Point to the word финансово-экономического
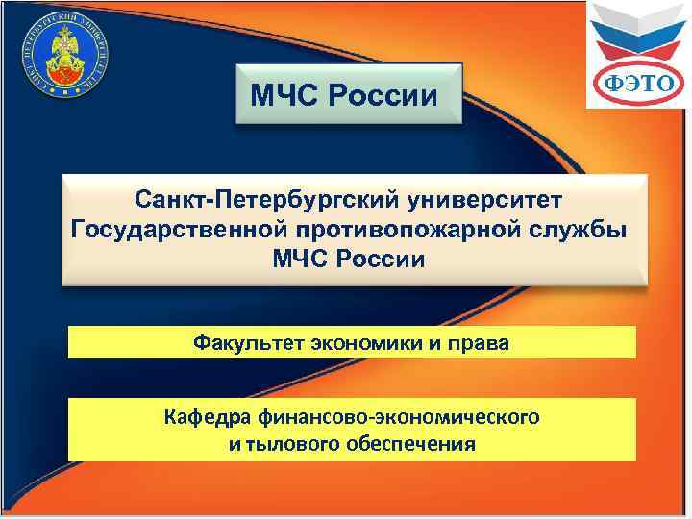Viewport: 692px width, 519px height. click(x=399, y=417)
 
